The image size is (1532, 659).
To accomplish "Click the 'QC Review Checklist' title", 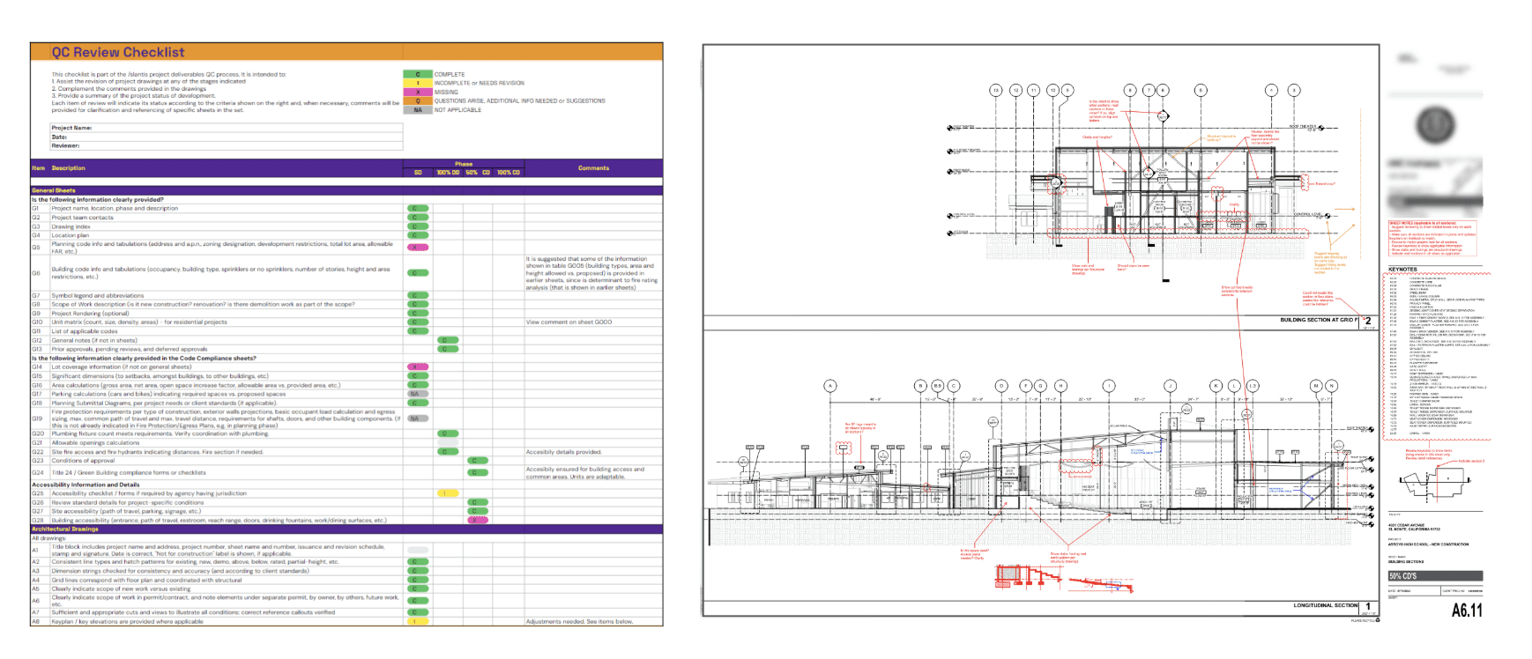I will click(117, 52).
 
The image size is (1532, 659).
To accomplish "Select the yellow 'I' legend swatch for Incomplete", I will click(418, 83).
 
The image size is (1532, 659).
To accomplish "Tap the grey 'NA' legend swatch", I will click(418, 110).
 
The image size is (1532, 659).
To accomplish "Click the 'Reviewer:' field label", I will click(65, 145).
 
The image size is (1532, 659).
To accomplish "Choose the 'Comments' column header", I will click(593, 167).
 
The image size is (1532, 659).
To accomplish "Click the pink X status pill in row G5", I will click(418, 248).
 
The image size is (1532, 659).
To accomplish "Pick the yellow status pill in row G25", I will click(449, 493).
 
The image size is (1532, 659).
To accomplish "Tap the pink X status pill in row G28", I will click(478, 520).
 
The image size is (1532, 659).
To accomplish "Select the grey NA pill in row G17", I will click(414, 394).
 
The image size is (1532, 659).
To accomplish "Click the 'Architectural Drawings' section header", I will click(65, 529).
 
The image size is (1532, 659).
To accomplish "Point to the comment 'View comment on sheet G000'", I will click(569, 322).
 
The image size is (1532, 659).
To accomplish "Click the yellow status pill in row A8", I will click(418, 621).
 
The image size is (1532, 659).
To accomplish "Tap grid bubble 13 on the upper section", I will click(996, 90).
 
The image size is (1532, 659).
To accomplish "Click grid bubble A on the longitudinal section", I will click(830, 386).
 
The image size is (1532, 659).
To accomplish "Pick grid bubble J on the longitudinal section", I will click(1170, 386).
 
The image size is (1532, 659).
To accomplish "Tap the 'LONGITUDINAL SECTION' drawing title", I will click(1325, 605).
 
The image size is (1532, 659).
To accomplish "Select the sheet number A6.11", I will click(1467, 610).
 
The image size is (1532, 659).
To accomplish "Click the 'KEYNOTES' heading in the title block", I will click(1402, 270).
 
